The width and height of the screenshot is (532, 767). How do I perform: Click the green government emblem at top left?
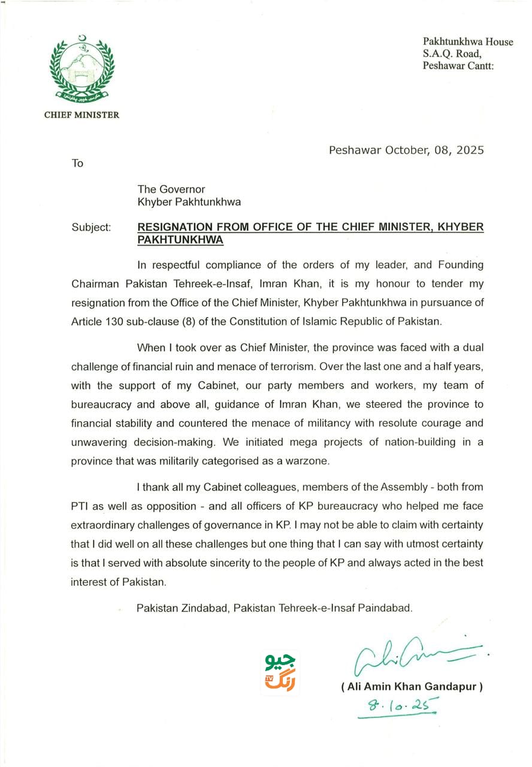[81, 69]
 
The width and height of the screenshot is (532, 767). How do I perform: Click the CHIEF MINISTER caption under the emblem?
[81, 115]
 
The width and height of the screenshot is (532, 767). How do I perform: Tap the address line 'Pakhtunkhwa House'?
[468, 42]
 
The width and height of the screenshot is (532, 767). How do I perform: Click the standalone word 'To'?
[78, 163]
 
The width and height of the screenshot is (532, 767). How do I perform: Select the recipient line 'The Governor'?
[171, 189]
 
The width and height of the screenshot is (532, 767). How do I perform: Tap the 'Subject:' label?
[91, 227]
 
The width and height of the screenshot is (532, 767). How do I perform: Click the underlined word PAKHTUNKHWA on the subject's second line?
[180, 240]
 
